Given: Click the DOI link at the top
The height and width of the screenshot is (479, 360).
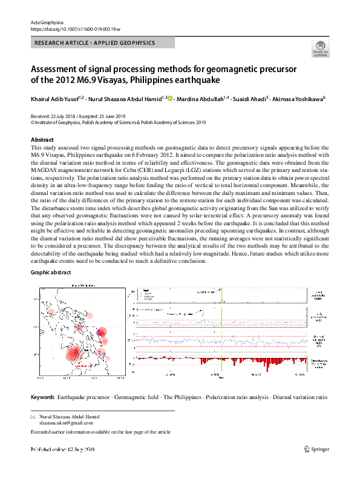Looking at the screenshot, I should [x=70, y=29].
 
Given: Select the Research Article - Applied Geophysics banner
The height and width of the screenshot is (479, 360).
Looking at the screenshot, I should [x=95, y=43].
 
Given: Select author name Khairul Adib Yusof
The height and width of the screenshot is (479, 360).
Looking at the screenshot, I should [x=54, y=98].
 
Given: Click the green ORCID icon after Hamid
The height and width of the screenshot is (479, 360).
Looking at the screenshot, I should [x=170, y=98].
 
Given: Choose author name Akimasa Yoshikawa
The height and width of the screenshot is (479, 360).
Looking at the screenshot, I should [x=297, y=98].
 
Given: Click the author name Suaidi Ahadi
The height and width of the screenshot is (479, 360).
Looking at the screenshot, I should [x=249, y=98].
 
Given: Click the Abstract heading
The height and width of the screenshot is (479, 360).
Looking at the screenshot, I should [x=42, y=139].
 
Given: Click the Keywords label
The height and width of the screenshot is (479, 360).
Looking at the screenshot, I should [x=42, y=397].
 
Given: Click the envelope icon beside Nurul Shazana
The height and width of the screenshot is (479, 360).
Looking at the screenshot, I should [x=33, y=417].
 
